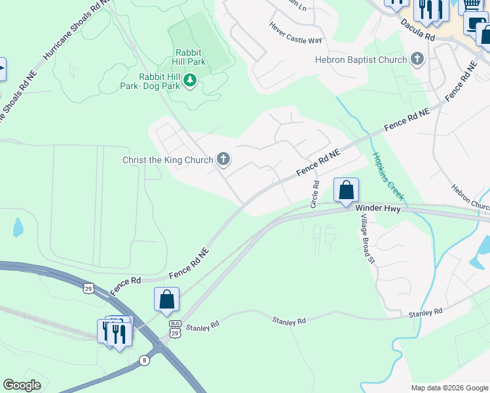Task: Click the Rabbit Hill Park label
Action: (x=190, y=57)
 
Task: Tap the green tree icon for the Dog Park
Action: (x=190, y=81)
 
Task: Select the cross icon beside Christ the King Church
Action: (x=223, y=159)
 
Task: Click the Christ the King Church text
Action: (x=168, y=160)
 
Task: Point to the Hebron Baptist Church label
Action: (x=361, y=60)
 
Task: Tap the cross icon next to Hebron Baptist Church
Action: (x=416, y=60)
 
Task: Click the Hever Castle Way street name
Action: (x=296, y=32)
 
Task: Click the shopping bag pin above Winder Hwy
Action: (x=346, y=190)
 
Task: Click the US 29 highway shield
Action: (x=88, y=288)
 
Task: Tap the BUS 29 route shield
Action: (x=175, y=329)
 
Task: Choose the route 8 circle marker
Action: (x=144, y=360)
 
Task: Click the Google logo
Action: (x=22, y=385)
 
